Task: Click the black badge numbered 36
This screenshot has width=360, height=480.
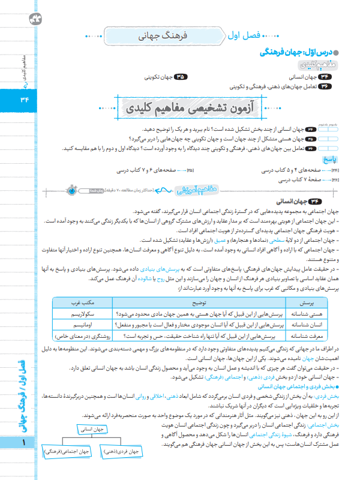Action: point(324,86)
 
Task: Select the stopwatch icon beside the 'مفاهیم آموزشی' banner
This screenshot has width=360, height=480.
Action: point(71,190)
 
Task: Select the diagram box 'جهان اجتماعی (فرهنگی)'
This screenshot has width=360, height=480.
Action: point(67,467)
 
